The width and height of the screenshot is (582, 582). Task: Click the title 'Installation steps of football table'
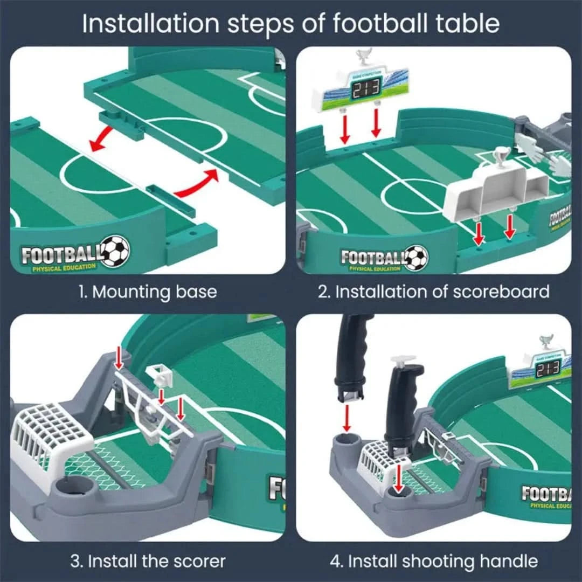[x=291, y=24]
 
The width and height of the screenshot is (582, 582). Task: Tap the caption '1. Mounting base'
[x=148, y=292]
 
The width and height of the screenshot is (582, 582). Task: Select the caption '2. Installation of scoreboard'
[x=433, y=292]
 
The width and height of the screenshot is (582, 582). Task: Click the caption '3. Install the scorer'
[x=148, y=561]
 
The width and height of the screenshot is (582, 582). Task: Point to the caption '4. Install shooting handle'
[x=433, y=561]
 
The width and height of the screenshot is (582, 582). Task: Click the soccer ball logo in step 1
[x=115, y=251]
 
